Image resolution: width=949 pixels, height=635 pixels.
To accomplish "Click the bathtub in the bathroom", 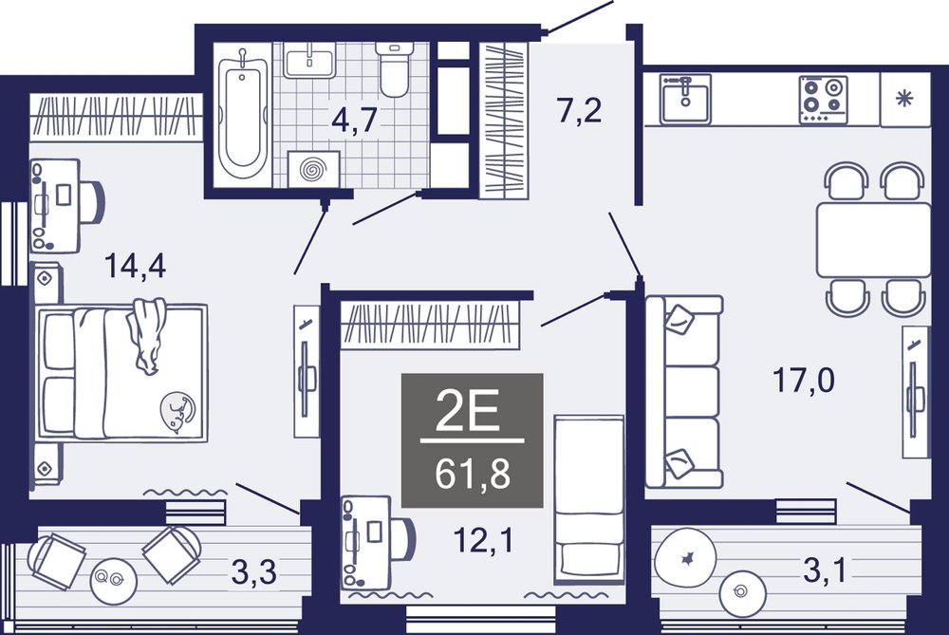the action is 241,115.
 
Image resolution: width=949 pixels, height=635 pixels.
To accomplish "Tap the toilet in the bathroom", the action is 393,69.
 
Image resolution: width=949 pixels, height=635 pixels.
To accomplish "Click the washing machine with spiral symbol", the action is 313,169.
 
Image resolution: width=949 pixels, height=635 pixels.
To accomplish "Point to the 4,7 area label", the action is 355,119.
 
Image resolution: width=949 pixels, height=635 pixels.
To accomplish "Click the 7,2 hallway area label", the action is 580,110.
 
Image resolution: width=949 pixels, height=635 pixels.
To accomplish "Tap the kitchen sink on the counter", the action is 685,99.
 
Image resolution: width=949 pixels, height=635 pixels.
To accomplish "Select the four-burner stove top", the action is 823,100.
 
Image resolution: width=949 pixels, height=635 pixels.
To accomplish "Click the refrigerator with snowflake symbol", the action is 905,99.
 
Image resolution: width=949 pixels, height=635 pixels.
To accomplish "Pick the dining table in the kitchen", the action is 873,240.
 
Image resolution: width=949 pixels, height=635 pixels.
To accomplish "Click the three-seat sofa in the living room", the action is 684,392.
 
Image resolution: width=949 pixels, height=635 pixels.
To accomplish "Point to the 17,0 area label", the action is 804,381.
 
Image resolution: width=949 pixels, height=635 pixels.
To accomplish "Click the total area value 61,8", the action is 473,474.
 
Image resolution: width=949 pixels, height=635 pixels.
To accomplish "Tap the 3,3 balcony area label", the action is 254,571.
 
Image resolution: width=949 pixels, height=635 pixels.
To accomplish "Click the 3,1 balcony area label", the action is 825,570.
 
